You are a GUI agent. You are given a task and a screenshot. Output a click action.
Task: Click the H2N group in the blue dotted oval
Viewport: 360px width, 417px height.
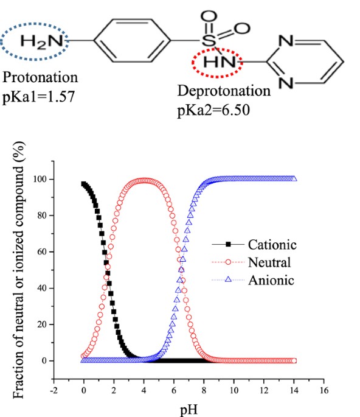pos(41,42)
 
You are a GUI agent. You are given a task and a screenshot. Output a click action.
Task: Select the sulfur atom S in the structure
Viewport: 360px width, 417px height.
pos(209,40)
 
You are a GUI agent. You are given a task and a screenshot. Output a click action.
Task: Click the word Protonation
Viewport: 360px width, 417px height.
pos(40,78)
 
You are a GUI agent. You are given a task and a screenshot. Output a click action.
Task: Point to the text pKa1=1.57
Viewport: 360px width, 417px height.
pos(38,97)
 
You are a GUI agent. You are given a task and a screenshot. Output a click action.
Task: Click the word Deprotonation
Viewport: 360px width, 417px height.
pos(224,91)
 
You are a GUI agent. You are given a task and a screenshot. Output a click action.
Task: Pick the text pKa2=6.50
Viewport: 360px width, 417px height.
pos(213,110)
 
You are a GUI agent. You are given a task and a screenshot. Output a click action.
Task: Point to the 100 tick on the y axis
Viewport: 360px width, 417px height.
pos(40,179)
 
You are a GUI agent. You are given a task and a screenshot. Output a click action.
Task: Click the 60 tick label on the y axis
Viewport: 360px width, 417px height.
pos(42,252)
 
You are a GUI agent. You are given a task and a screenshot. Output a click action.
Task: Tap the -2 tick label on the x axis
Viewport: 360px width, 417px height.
pos(54,390)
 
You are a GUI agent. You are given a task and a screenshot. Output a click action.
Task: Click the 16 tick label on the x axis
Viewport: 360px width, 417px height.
pos(324,390)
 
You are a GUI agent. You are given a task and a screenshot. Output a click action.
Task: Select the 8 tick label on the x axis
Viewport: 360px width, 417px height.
pos(204,390)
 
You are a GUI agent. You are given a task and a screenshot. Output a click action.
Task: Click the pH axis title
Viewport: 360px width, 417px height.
pos(189,410)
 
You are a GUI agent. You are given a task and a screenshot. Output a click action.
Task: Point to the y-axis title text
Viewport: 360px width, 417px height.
pos(19,270)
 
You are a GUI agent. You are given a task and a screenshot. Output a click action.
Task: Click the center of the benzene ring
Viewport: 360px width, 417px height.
pos(132,40)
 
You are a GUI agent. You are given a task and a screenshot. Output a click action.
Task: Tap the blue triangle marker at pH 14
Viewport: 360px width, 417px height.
pos(294,178)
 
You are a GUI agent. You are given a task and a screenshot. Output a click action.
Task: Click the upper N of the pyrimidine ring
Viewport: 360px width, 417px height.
pos(286,41)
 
